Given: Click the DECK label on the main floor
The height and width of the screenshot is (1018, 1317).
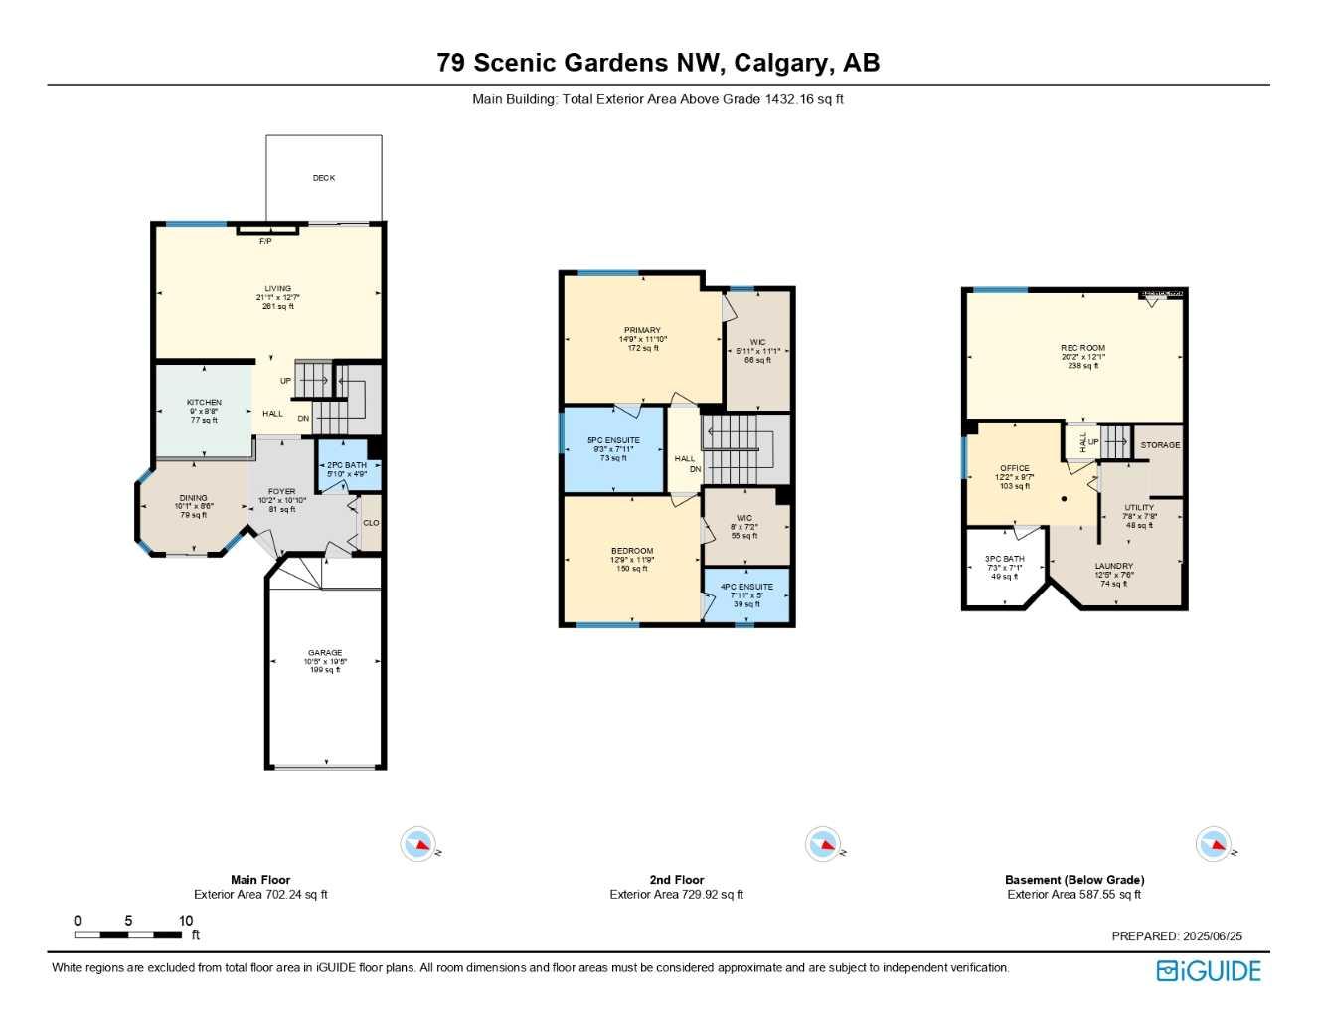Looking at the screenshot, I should pos(324,178).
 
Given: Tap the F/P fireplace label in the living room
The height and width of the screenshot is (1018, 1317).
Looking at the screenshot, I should pos(265,241).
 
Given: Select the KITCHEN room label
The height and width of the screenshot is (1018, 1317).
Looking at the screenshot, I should pos(204,403).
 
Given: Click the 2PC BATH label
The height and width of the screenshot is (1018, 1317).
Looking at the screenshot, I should pos(347,465).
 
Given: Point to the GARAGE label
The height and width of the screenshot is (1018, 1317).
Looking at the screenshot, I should pos(325,653).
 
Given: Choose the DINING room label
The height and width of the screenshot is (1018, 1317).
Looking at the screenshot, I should pos(193,498).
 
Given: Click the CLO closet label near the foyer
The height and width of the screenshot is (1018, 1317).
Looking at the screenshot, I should pos(371,523).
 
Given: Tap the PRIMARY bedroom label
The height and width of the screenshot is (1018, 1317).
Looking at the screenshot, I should pos(642,330).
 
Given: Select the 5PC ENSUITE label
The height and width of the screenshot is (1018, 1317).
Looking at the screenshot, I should pos(613,440).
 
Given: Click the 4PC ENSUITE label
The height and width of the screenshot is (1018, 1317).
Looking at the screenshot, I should pos(746,587).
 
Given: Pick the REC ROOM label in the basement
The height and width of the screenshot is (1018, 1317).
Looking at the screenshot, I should pos(1082,348).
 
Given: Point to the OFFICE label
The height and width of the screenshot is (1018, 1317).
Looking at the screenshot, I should pos(1015,468).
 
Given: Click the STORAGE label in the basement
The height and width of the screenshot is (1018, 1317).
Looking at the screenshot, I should pos(1160,445).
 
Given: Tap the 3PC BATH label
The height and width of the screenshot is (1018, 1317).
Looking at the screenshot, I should pos(1004,559).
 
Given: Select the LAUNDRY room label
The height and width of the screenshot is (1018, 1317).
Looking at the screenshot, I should pos(1113,566).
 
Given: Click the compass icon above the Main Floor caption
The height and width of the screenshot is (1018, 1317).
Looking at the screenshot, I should pos(418,845).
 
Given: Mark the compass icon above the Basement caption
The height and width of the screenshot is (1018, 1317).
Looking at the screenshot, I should pos(1214,845).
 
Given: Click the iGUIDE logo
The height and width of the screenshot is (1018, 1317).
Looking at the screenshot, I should pos(1208,971).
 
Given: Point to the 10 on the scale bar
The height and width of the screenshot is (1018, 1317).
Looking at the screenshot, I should pos(186,921).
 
